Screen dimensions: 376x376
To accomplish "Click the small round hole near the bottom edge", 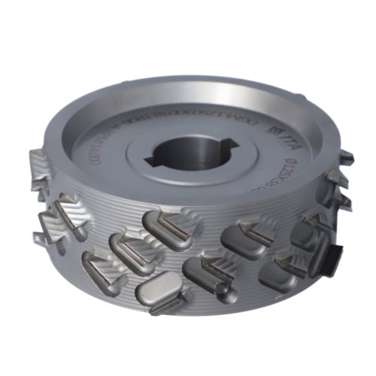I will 222,288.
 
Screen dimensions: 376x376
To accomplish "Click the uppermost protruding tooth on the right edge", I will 346,156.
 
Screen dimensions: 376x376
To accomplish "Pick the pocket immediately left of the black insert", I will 305,237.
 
